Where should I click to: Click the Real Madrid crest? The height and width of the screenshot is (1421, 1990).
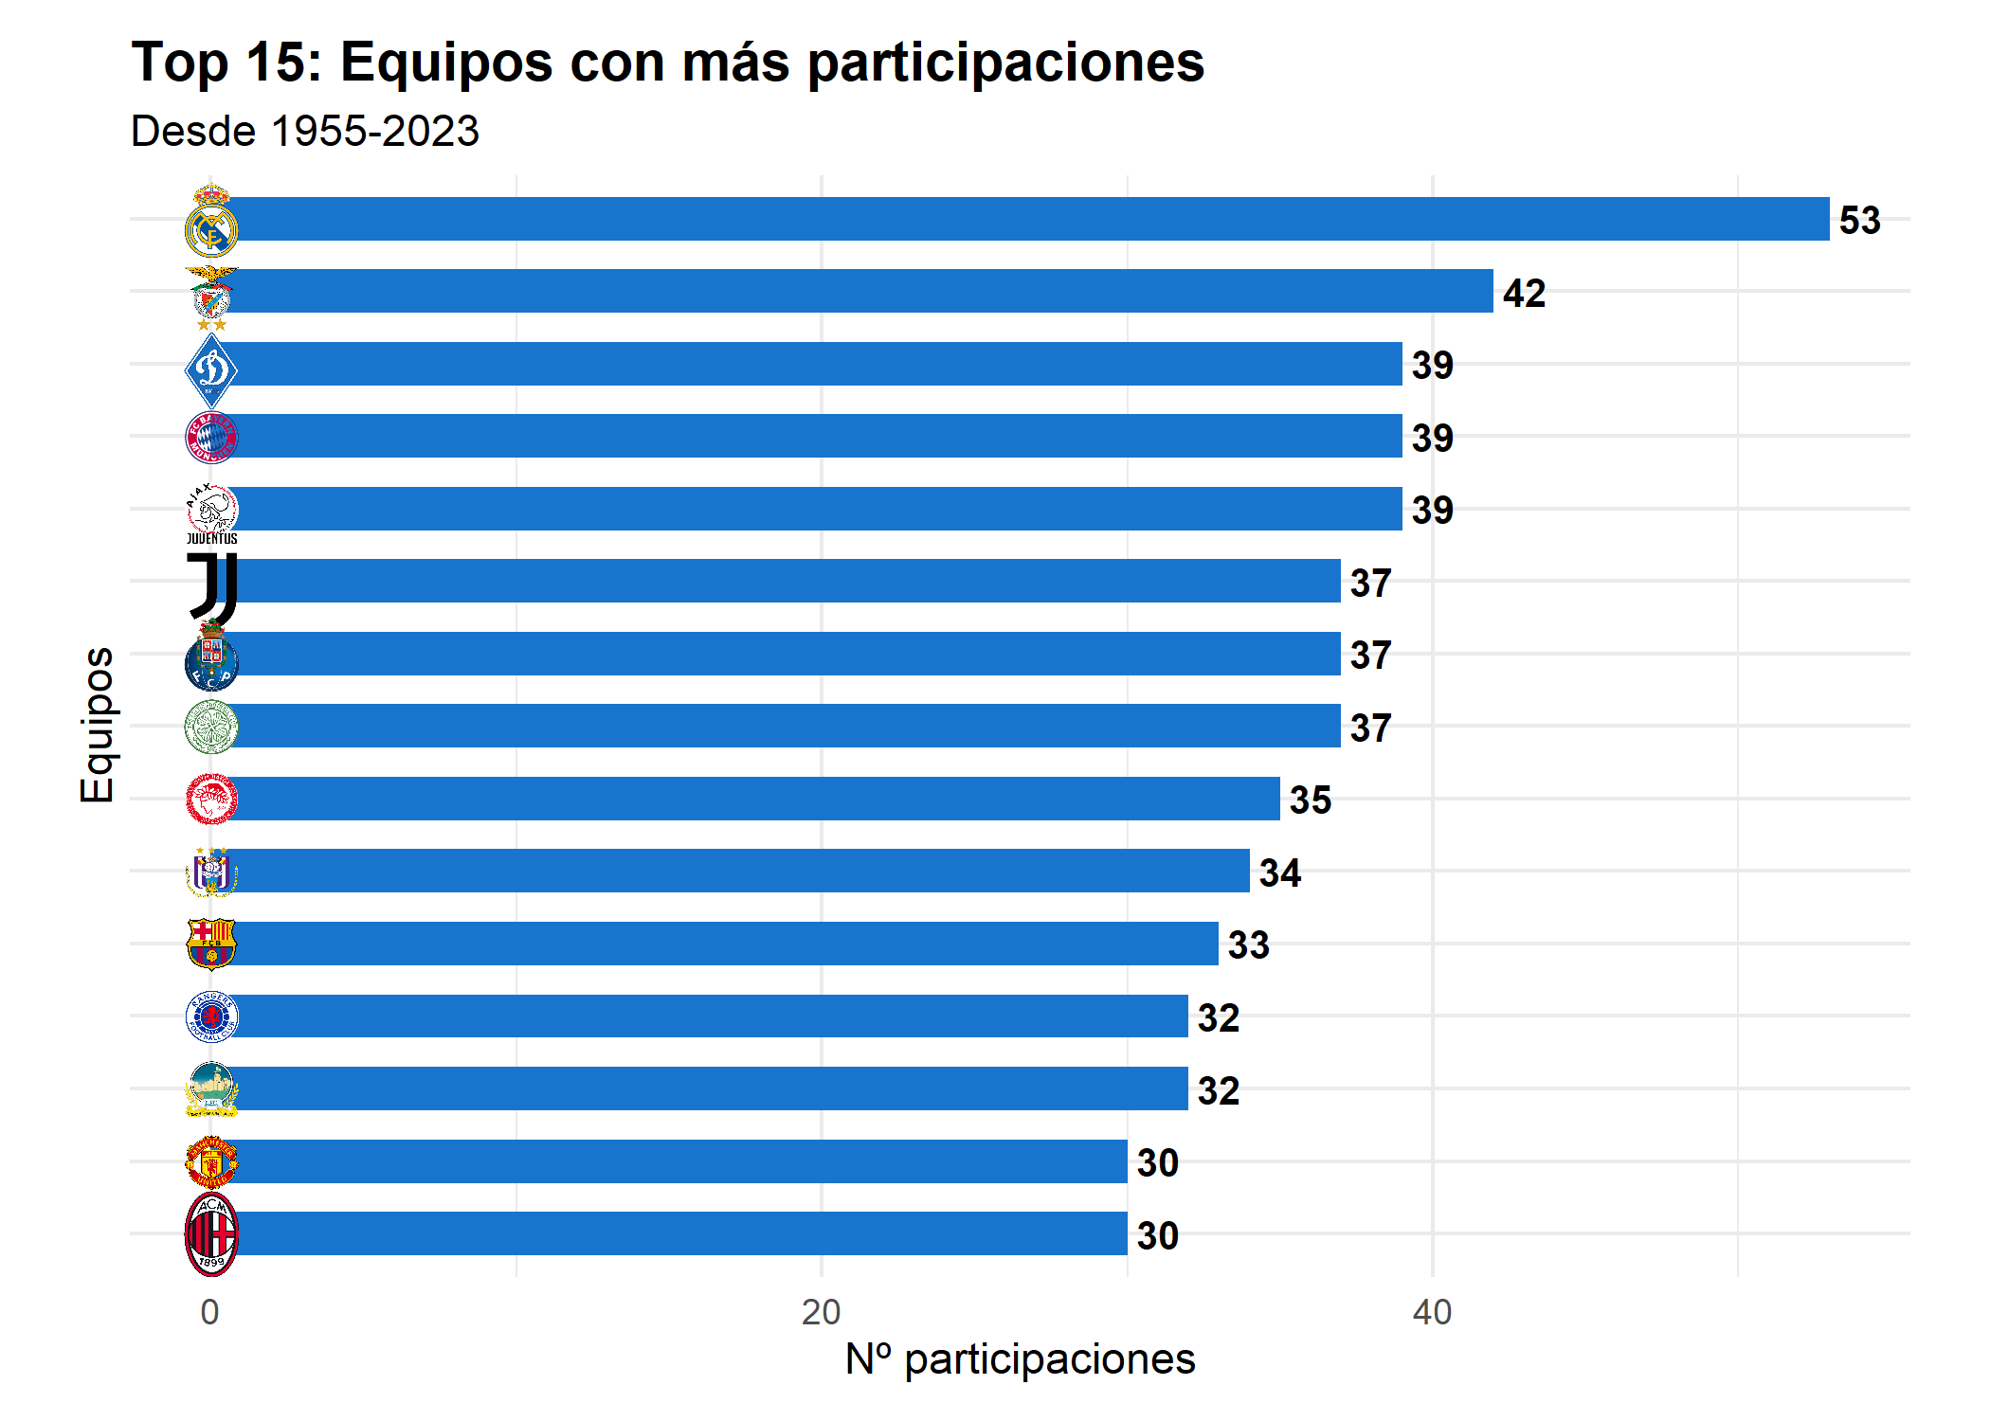211,221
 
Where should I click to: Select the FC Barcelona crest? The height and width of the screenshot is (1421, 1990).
211,944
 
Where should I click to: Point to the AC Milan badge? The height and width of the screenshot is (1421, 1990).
211,1234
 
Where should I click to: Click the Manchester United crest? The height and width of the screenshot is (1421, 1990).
211,1162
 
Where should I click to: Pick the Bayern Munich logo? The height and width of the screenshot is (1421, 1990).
211,437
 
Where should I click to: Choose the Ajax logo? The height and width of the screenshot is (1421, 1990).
211,510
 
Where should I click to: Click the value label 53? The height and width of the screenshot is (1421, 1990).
1859,221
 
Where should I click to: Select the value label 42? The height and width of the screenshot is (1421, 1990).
1524,294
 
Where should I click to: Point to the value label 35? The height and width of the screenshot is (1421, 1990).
1311,800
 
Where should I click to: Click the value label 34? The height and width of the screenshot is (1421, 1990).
1280,872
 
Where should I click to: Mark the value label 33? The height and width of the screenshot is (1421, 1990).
1249,945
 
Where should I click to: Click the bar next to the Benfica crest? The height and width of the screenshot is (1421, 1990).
853,291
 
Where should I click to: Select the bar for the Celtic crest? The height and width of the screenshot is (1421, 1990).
777,726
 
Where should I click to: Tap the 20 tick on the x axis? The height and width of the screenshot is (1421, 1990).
821,1312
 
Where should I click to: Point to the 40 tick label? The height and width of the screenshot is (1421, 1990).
1432,1312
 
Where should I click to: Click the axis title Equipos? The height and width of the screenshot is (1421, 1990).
98,726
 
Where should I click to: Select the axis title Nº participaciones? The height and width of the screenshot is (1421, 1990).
1020,1359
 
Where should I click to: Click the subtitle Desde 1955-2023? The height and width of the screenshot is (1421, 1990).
305,131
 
